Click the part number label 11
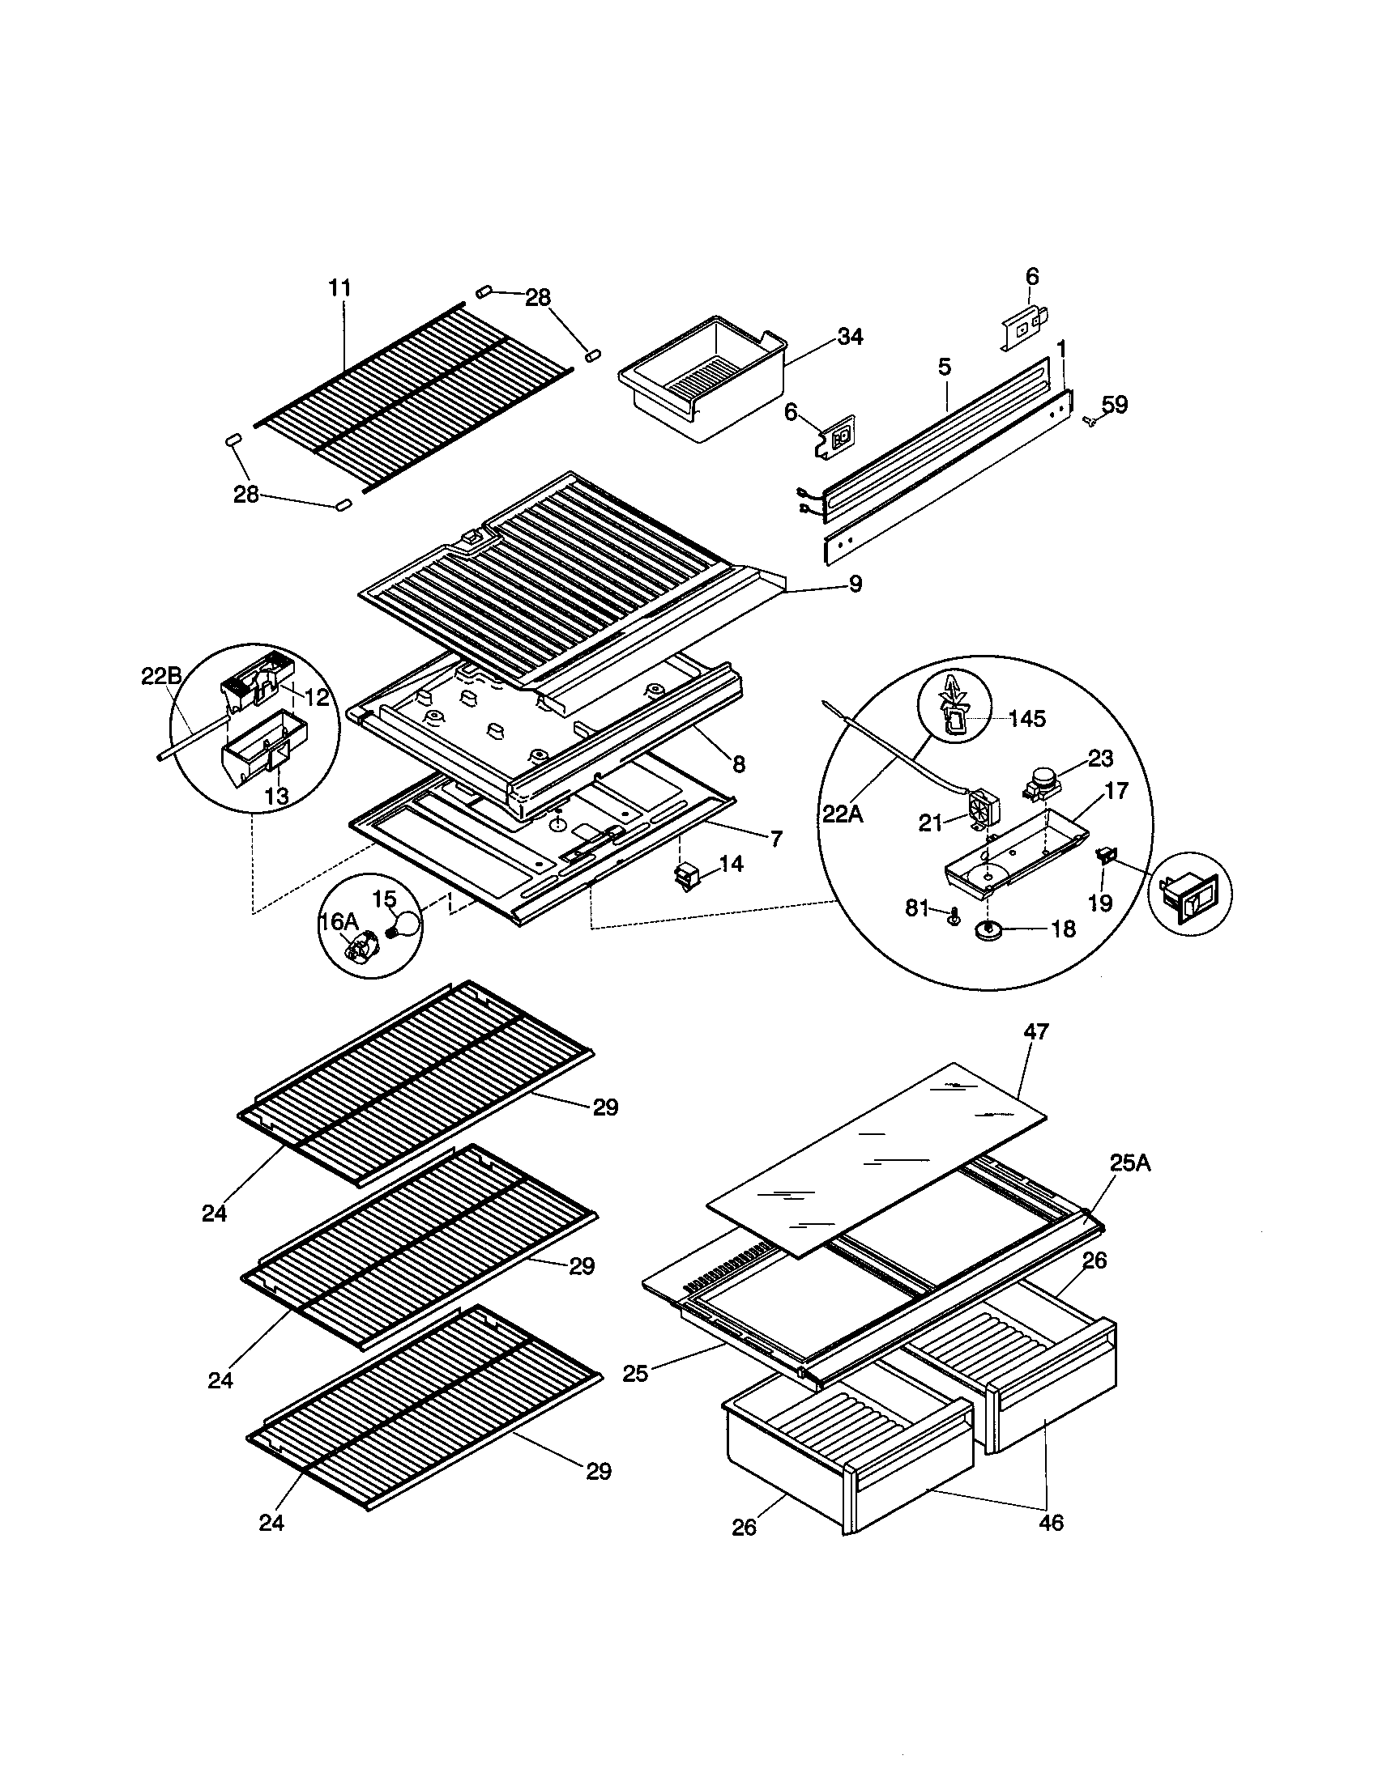tap(339, 288)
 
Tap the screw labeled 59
tap(1089, 420)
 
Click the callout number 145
tap(1026, 719)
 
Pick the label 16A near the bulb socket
tap(338, 921)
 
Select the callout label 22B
tap(160, 676)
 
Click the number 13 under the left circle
tap(276, 797)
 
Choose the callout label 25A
tap(1129, 1163)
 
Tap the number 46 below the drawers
tap(1051, 1522)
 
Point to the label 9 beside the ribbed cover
tap(854, 584)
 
